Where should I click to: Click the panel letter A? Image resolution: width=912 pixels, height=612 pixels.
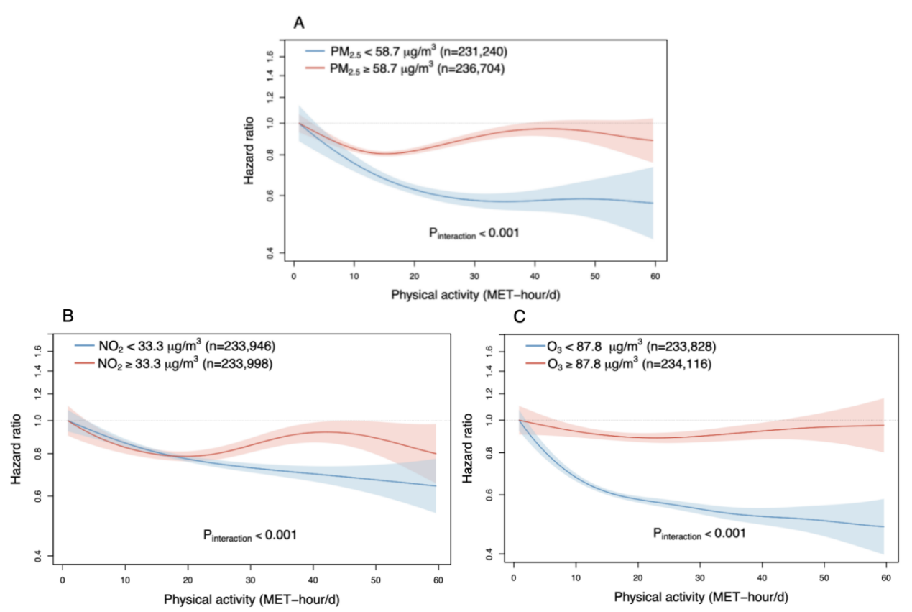(x=300, y=23)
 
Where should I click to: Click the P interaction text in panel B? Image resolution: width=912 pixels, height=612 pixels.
(x=250, y=535)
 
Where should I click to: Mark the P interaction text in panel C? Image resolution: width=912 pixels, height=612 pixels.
(x=699, y=534)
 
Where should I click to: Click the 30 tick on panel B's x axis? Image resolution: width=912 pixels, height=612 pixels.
(x=249, y=579)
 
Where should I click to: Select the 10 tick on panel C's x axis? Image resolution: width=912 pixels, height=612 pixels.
(x=575, y=578)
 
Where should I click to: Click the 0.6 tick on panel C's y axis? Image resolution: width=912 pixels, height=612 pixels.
(x=489, y=495)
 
